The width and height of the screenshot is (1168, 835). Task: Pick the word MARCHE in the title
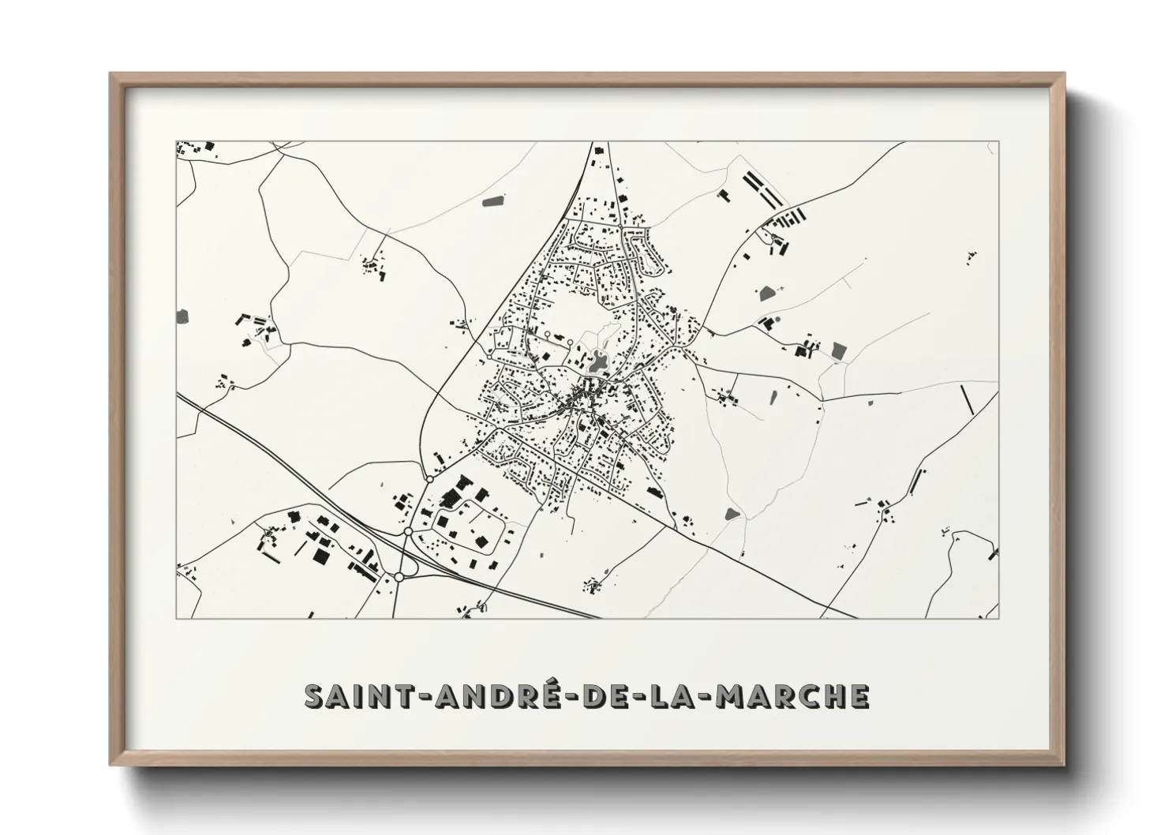(x=798, y=696)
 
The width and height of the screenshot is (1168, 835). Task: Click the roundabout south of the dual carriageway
(x=399, y=578)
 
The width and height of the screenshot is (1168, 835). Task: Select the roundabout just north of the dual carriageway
(x=408, y=532)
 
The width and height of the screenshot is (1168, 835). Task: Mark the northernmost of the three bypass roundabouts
(x=429, y=478)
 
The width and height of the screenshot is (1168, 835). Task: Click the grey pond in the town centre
(x=597, y=364)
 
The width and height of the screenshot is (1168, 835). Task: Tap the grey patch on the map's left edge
(x=183, y=316)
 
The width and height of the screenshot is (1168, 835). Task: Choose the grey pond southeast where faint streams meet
(x=732, y=514)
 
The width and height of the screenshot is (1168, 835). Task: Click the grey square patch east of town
(x=838, y=350)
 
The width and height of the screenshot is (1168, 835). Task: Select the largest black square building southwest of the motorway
(x=320, y=556)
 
